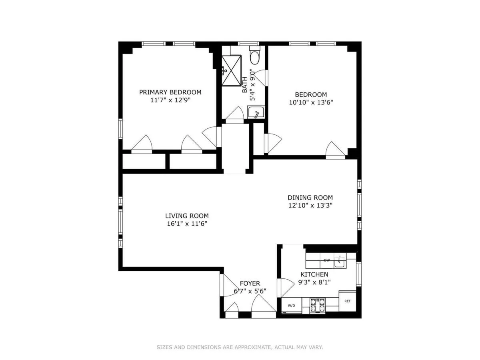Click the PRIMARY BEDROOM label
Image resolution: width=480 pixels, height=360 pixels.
click(x=170, y=92)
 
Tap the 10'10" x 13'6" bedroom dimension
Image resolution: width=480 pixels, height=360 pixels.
click(x=311, y=102)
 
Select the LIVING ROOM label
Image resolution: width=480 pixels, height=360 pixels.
click(x=187, y=216)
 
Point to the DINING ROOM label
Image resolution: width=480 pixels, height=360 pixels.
click(x=310, y=198)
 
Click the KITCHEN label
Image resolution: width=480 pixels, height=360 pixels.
click(x=314, y=274)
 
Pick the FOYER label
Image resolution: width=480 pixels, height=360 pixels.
click(x=250, y=283)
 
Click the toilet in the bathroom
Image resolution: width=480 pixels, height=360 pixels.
click(x=255, y=56)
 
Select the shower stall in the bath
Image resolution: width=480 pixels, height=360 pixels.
click(x=232, y=70)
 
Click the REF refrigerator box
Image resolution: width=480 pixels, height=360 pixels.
click(x=347, y=300)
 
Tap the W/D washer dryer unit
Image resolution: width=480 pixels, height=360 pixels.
click(x=291, y=306)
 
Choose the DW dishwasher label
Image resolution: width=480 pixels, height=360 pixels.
click(x=327, y=260)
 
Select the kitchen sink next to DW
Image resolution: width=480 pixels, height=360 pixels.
click(x=340, y=262)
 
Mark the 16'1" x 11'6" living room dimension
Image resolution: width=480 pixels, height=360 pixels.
click(x=187, y=224)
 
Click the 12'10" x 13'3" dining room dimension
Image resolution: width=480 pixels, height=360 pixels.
click(x=310, y=206)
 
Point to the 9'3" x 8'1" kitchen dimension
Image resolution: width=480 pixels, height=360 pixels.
click(x=314, y=282)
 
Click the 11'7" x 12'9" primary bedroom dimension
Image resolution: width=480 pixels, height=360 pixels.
click(x=170, y=100)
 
